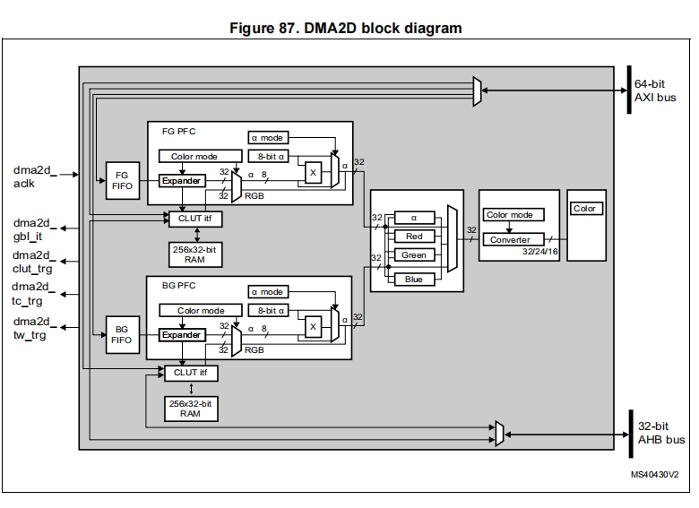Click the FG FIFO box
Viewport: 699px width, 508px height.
click(x=121, y=179)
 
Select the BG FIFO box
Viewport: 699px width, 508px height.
click(x=121, y=334)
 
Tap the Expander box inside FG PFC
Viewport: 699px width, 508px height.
click(x=182, y=180)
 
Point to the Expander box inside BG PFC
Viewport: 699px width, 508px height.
click(x=182, y=334)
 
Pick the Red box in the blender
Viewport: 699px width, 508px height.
click(x=414, y=237)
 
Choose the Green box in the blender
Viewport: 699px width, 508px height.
click(x=414, y=255)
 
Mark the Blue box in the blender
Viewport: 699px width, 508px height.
click(x=414, y=279)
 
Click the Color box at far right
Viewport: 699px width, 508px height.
click(x=585, y=209)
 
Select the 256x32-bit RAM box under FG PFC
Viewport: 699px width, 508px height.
click(x=195, y=254)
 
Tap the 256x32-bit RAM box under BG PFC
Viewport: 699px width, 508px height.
click(x=190, y=409)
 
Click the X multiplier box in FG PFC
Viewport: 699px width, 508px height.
click(x=313, y=173)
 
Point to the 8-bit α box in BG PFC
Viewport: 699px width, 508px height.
click(x=272, y=311)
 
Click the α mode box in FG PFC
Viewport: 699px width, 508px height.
click(x=267, y=138)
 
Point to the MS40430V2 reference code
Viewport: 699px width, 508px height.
click(x=654, y=474)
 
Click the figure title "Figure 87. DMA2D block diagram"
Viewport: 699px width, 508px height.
click(x=346, y=28)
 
